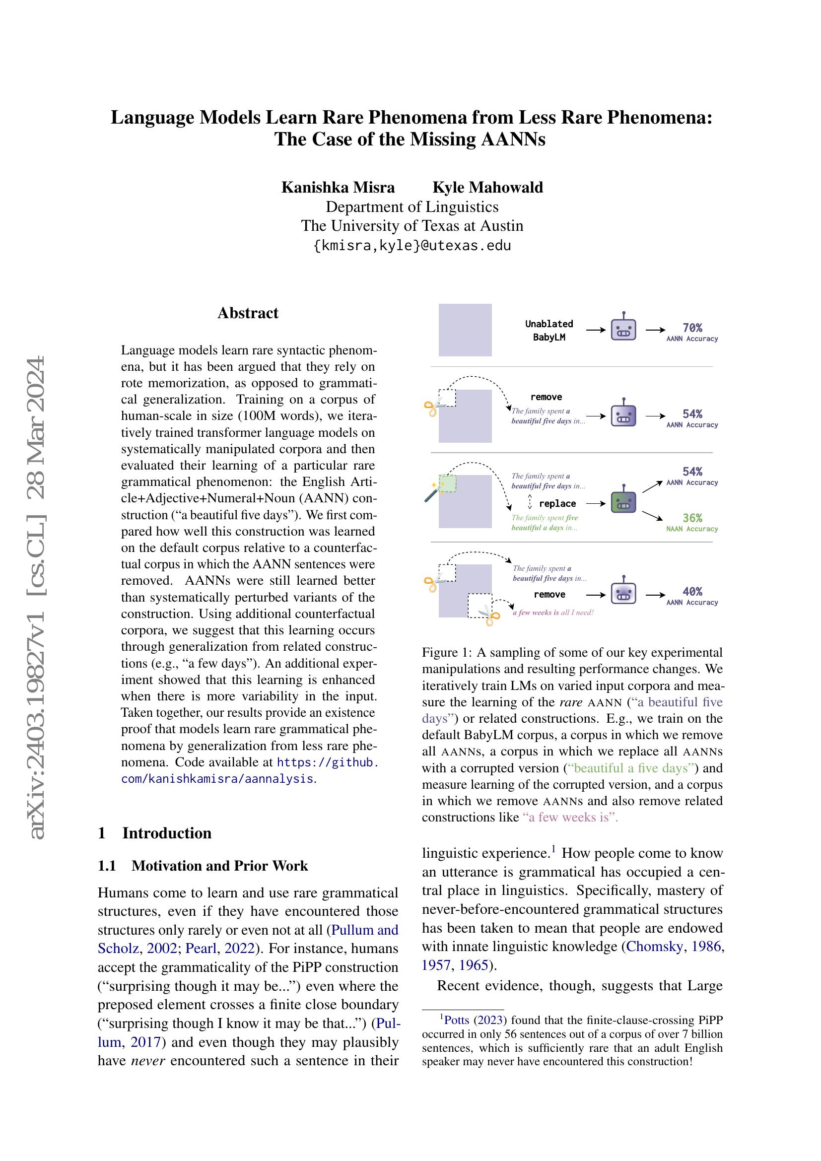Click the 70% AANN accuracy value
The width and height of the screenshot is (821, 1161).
691,328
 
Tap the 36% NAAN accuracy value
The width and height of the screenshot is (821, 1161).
691,518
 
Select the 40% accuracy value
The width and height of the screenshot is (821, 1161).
691,591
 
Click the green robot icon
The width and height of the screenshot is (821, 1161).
623,502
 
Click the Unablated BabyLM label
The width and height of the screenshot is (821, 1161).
548,330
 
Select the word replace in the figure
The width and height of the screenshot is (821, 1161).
557,504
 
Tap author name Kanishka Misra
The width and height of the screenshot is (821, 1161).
338,188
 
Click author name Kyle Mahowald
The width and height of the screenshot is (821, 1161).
487,188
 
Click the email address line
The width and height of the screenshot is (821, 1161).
412,246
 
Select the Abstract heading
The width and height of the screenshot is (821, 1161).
248,313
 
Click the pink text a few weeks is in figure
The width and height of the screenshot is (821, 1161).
536,613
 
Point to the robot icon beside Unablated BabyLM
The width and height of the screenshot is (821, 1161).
623,329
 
